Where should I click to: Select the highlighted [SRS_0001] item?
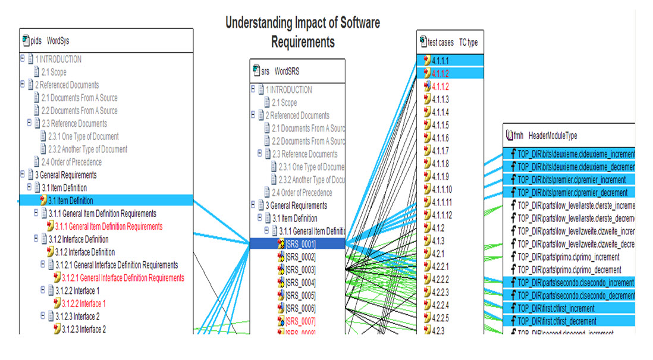300,243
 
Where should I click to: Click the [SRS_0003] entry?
300,270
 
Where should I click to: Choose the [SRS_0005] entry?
300,295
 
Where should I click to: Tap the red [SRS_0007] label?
300,321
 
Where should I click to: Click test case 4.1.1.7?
441,151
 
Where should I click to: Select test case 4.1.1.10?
442,189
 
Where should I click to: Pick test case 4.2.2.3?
441,292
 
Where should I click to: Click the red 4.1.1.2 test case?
441,86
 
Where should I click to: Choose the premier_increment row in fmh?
572,180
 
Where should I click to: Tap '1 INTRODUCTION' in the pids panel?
58,59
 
